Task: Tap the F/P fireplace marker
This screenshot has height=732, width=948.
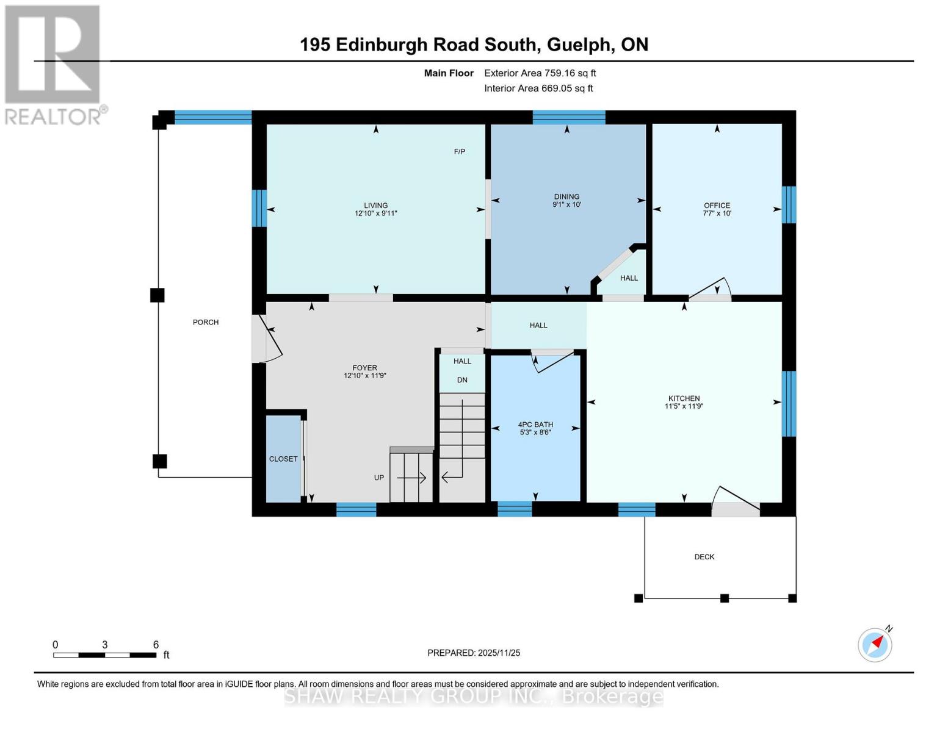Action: [x=460, y=151]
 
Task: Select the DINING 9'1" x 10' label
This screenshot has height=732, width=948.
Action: [x=566, y=201]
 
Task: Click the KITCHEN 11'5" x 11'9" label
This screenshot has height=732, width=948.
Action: [x=684, y=402]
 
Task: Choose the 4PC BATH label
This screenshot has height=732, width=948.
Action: [x=535, y=428]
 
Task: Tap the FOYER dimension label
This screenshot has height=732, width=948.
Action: [x=364, y=371]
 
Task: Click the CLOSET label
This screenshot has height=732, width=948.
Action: [x=283, y=459]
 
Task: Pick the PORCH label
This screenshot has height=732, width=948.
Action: [x=206, y=322]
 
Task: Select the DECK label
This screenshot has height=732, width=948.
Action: [x=704, y=557]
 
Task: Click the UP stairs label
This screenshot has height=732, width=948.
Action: [x=379, y=478]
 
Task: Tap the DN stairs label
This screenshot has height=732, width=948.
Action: [x=462, y=380]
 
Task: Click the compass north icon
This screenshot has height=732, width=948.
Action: [x=875, y=644]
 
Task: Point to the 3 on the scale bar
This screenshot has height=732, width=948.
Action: [x=105, y=645]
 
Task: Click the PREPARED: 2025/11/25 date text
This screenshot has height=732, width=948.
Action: [x=474, y=653]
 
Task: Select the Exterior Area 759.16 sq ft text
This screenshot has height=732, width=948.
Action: [x=540, y=73]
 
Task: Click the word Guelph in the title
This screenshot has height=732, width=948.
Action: [x=581, y=45]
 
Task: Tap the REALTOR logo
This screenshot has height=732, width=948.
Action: [x=54, y=64]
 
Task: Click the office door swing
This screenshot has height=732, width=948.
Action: [x=711, y=290]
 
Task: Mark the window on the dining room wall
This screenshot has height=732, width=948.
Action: [x=569, y=117]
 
